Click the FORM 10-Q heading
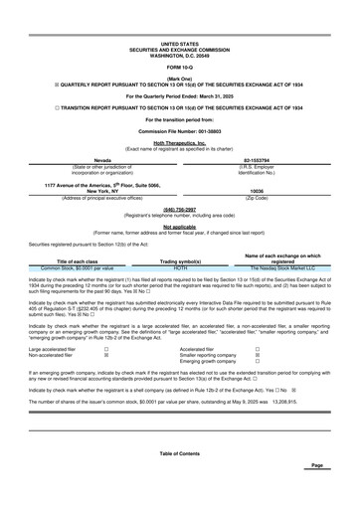point(179,66)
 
